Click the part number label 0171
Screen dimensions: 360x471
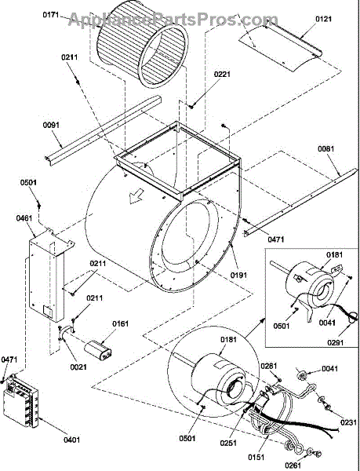tap(51, 14)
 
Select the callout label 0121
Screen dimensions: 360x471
tap(323, 19)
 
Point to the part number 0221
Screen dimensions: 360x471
tap(222, 74)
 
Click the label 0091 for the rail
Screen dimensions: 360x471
tap(51, 125)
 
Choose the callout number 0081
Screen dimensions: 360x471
tap(326, 148)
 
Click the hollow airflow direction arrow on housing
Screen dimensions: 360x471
tap(136, 197)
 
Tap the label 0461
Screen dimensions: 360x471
tap(24, 217)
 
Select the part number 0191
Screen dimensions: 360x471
tap(238, 275)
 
